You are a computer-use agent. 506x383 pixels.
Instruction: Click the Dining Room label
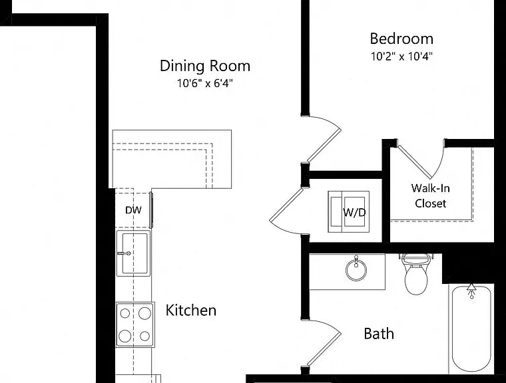(205, 66)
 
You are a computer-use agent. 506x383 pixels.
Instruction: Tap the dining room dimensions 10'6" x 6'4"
(204, 83)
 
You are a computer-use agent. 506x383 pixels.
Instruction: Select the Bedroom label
(401, 39)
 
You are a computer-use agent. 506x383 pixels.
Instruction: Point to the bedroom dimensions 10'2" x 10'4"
(401, 57)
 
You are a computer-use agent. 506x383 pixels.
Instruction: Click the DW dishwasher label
(133, 210)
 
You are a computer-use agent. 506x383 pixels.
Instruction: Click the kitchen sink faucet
(124, 253)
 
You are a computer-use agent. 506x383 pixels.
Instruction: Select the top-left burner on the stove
(125, 313)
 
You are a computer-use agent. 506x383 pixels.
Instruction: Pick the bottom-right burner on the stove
(144, 336)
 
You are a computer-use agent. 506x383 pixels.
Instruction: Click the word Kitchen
(190, 310)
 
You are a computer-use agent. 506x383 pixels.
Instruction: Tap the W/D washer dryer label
(354, 212)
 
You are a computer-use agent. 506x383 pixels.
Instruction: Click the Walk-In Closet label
(431, 195)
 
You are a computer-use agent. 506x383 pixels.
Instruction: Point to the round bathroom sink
(356, 269)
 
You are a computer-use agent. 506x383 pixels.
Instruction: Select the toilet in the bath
(416, 274)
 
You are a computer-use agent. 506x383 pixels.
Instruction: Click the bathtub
(471, 330)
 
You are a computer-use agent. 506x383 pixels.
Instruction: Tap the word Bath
(379, 334)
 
